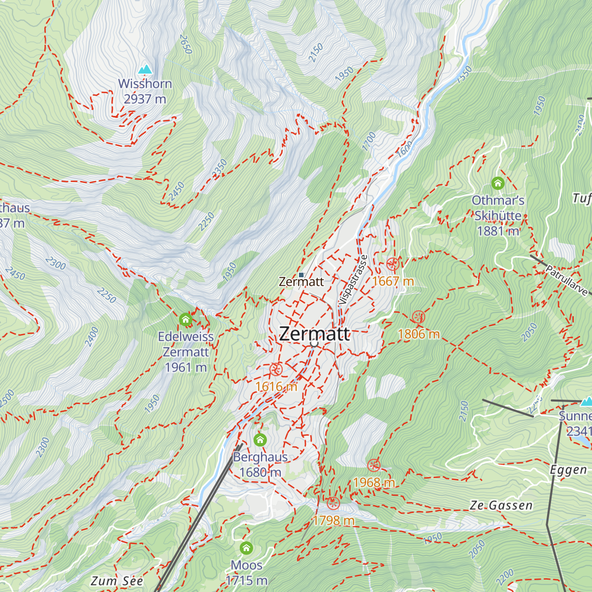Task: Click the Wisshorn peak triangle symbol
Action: tap(145, 69)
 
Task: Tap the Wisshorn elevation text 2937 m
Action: tap(145, 99)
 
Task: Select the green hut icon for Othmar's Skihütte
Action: tap(497, 184)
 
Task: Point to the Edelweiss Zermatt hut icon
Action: tap(185, 320)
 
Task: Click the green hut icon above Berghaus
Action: tap(260, 440)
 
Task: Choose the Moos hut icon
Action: tap(246, 548)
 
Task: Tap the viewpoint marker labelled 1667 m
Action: tap(393, 264)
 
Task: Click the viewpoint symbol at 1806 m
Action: tap(418, 317)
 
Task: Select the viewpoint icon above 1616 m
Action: tap(276, 369)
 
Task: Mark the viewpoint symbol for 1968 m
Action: tap(374, 465)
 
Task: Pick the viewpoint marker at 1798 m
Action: tap(333, 503)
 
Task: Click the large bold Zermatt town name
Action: tap(314, 334)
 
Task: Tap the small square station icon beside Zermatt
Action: tap(301, 275)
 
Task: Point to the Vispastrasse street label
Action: tap(352, 279)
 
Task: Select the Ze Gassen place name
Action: tap(501, 506)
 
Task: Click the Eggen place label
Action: tap(568, 470)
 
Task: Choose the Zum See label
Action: tap(117, 581)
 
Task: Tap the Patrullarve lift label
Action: tap(566, 281)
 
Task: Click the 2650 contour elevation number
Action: tap(185, 44)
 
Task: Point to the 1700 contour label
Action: tap(369, 141)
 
